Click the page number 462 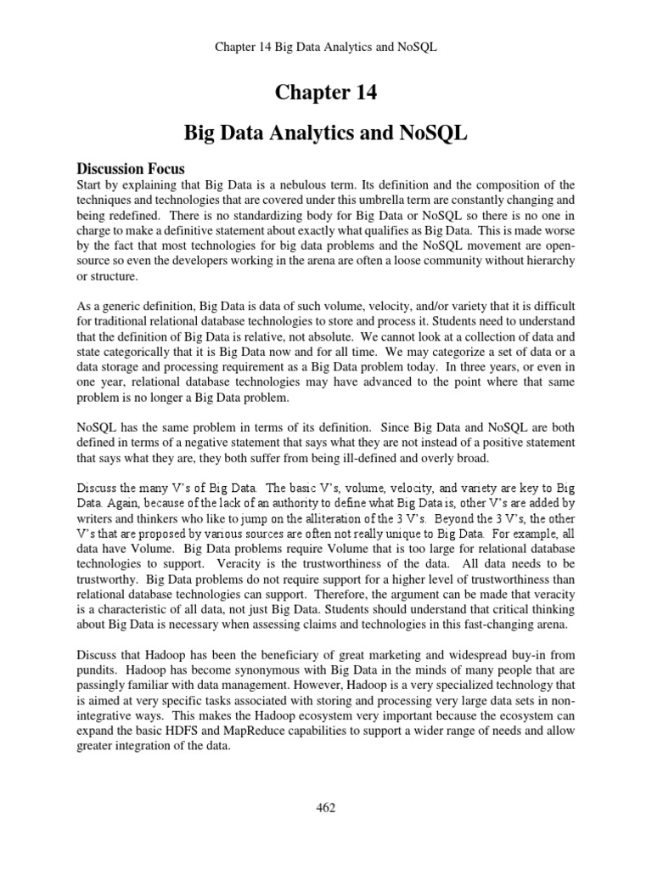point(325,808)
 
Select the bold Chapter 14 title point(325,93)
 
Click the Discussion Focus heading point(131,168)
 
